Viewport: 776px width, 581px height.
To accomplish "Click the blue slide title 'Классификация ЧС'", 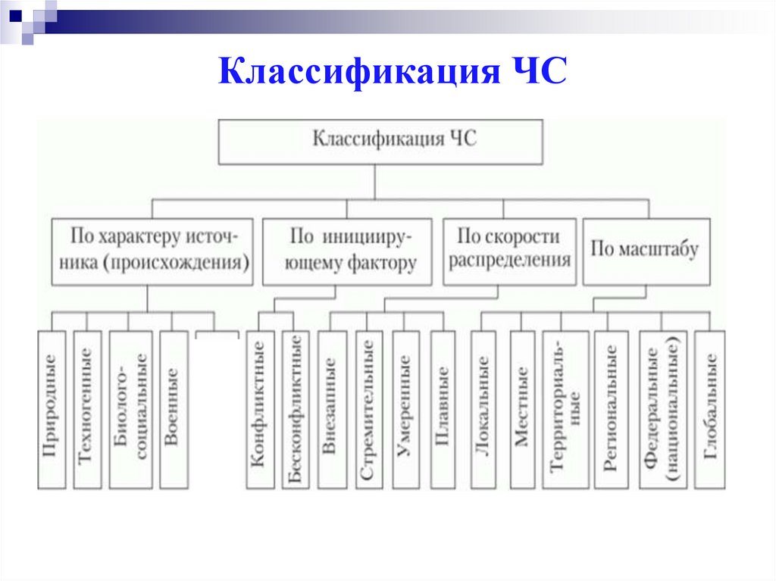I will (392, 75).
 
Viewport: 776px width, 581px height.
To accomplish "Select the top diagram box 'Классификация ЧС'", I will (380, 141).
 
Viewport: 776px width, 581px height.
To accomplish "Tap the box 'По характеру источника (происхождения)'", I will (152, 251).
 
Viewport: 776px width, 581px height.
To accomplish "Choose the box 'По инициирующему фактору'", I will (347, 251).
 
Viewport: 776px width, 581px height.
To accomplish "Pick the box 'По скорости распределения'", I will (508, 251).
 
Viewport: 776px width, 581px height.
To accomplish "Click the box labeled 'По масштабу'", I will (646, 251).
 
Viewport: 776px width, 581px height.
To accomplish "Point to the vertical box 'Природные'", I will (52, 409).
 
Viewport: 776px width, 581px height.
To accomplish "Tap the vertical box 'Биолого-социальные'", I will (130, 409).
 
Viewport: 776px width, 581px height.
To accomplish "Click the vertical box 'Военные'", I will (172, 409).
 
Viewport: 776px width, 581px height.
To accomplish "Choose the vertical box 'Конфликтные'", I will (258, 409).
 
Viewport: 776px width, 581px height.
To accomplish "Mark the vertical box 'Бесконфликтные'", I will (294, 409).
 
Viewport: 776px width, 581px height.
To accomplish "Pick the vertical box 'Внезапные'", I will (331, 409).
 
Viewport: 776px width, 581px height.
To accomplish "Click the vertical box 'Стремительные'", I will (368, 409).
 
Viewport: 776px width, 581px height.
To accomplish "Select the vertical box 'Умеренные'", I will (405, 409).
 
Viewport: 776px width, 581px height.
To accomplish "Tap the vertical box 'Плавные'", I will (443, 409).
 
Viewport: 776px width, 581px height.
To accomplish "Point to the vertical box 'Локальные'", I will (483, 409).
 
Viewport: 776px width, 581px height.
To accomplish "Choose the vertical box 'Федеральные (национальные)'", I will (662, 409).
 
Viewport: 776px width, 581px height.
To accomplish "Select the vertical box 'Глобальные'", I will (709, 409).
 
